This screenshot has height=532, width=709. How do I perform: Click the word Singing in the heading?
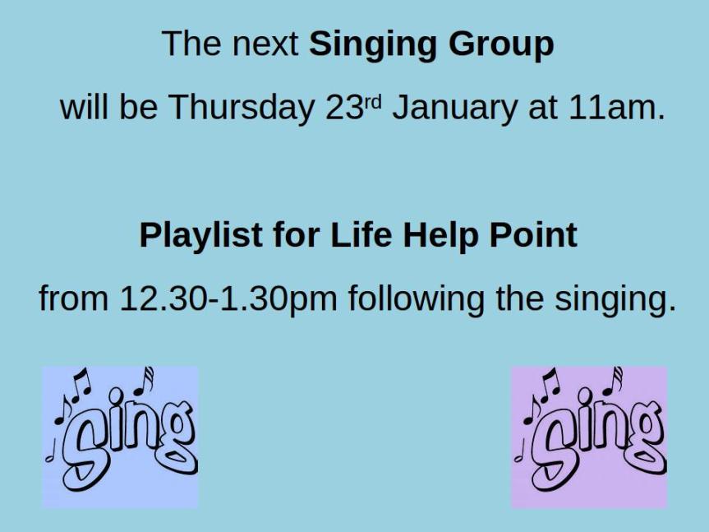374,44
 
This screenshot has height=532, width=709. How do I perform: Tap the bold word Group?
501,44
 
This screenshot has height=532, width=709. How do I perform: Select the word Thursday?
241,107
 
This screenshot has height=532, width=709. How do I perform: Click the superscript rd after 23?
373,102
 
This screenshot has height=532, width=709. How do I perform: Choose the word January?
454,109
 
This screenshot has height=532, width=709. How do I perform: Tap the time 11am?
617,108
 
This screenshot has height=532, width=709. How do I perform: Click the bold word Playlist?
200,236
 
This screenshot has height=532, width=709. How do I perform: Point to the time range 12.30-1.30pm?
228,299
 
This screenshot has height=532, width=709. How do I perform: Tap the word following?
416,299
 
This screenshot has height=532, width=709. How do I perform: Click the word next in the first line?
265,44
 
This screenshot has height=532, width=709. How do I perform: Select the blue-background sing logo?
120,437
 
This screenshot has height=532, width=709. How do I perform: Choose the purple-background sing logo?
589,437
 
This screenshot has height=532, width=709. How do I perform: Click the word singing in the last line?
615,299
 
